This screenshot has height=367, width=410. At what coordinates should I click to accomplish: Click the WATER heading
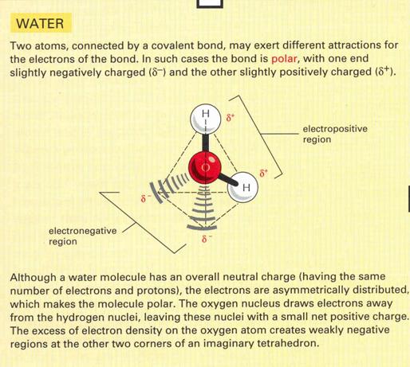(40, 23)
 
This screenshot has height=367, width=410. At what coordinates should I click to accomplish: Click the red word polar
(284, 58)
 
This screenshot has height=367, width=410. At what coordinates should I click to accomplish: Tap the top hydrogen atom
(206, 119)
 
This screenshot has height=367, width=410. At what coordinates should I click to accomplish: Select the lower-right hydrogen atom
(242, 187)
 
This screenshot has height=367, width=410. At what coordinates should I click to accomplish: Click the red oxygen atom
(205, 167)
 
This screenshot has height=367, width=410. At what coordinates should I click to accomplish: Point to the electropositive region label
(335, 134)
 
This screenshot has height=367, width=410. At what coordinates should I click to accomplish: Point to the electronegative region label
(82, 236)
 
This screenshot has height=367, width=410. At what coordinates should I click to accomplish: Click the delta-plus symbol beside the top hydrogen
(230, 118)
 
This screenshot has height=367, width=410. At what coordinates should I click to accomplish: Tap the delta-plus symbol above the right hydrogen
(263, 174)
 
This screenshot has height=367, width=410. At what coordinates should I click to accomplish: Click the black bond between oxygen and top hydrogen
(206, 142)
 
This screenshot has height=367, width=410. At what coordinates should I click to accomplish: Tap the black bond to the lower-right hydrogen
(228, 179)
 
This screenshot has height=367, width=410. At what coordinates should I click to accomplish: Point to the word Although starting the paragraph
(34, 278)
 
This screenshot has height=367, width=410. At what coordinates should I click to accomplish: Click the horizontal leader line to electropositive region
(280, 135)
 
